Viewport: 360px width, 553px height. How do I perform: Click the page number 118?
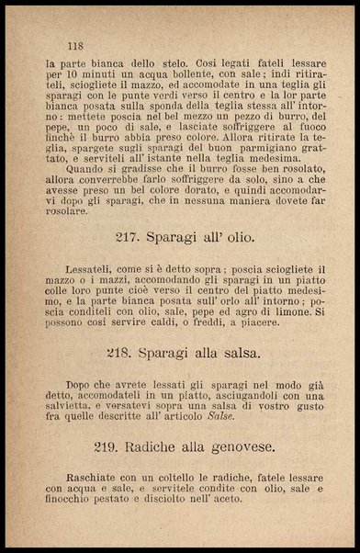coord(75,44)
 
